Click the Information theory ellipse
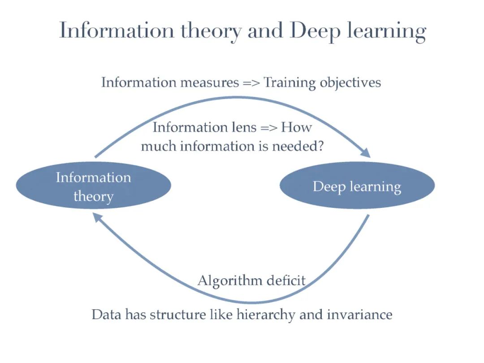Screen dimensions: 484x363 point(93,186)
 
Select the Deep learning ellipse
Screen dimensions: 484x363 point(357,186)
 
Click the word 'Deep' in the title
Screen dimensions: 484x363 point(311,31)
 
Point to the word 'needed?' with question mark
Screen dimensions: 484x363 point(300,147)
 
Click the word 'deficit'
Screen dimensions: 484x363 point(286,281)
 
